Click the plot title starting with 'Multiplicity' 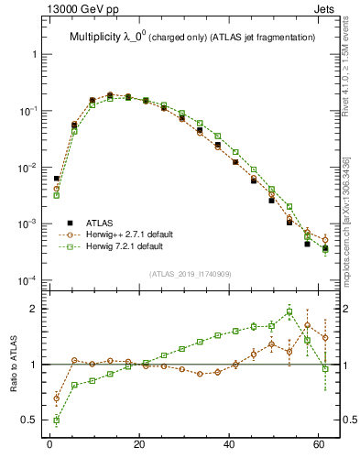pos(192,37)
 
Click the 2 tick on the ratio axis pos(34,309)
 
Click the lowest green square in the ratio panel pos(57,420)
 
